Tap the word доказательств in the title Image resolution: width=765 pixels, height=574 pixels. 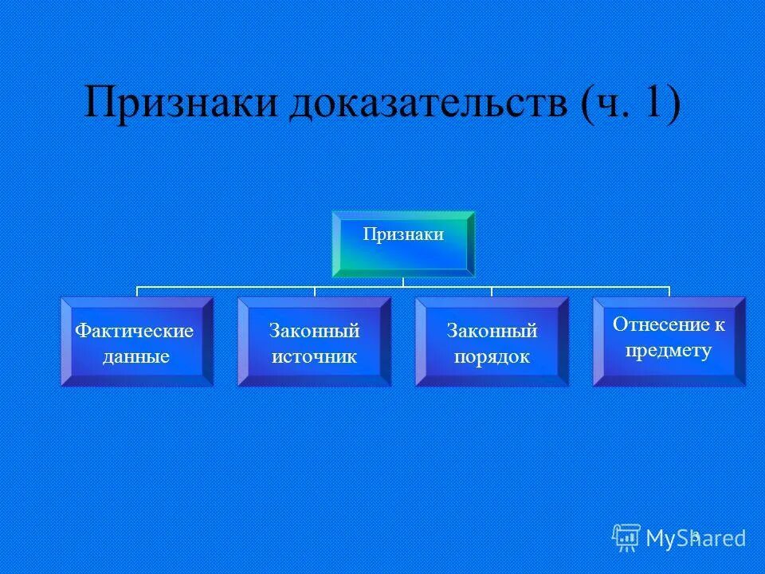tap(427, 104)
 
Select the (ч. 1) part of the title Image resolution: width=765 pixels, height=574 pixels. tap(630, 104)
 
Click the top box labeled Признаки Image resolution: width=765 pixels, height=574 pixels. tap(402, 243)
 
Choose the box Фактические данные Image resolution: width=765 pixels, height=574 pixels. tap(137, 342)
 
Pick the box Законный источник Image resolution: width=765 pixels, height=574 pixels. tap(314, 342)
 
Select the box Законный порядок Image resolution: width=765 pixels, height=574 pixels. tap(492, 342)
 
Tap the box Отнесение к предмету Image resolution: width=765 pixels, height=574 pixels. tap(669, 341)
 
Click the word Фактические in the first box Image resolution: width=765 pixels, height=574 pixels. tap(135, 330)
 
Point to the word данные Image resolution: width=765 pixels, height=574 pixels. tap(135, 356)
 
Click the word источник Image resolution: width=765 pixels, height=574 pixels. tap(314, 356)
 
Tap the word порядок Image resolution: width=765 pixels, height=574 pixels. tap(492, 356)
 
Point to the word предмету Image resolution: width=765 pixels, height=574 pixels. tap(669, 350)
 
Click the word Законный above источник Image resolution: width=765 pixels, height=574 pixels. tap(314, 330)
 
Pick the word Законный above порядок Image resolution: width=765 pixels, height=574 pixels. tap(492, 330)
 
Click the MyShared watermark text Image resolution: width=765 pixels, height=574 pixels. tap(696, 538)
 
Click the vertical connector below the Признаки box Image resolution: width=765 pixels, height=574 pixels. tap(402, 281)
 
